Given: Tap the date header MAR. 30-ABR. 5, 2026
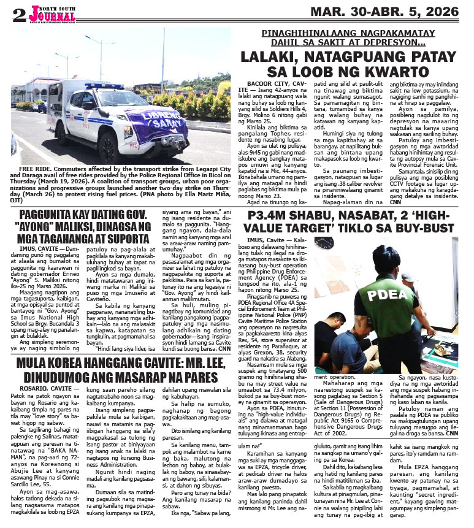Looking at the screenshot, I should click(x=384, y=12).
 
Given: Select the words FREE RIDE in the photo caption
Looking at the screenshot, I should click(x=36, y=168).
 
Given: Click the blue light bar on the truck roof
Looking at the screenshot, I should click(x=104, y=86).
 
